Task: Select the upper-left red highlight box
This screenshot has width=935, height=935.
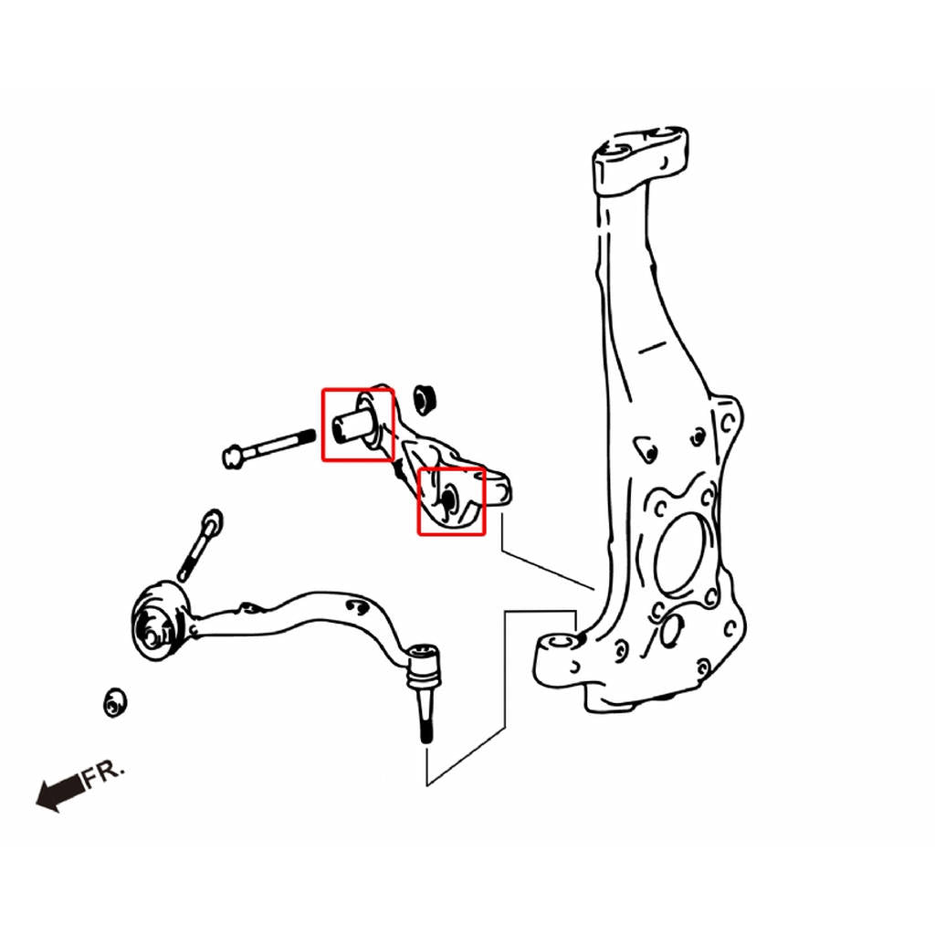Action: pyautogui.click(x=358, y=425)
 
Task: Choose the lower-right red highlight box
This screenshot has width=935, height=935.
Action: pyautogui.click(x=451, y=501)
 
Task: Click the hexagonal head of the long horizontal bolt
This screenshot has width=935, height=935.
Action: pyautogui.click(x=233, y=457)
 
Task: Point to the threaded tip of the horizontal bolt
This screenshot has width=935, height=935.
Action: pyautogui.click(x=308, y=436)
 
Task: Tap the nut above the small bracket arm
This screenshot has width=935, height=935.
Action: pyautogui.click(x=425, y=398)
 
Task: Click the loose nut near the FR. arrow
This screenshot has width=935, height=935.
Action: pyautogui.click(x=114, y=703)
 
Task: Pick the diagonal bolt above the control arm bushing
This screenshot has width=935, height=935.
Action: pyautogui.click(x=200, y=544)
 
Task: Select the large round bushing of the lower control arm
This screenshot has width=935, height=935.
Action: pyautogui.click(x=157, y=621)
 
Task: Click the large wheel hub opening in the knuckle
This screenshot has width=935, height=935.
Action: pyautogui.click(x=683, y=554)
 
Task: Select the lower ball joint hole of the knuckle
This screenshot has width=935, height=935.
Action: pyautogui.click(x=559, y=642)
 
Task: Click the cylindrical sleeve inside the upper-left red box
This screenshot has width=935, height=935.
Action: pyautogui.click(x=352, y=423)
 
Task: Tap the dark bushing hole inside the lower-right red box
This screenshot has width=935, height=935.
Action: pyautogui.click(x=448, y=499)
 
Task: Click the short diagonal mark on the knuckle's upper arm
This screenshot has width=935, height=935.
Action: pyautogui.click(x=652, y=347)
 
